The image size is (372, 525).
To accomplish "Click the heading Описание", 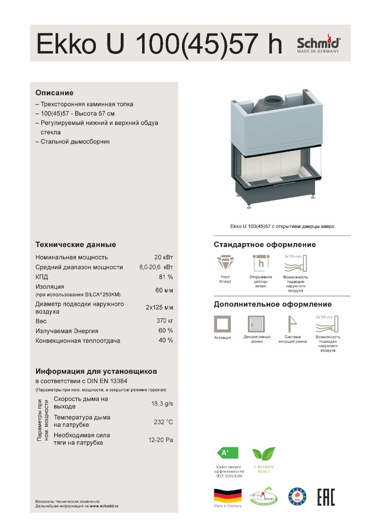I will (54, 92).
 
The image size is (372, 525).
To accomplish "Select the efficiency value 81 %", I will (166, 277).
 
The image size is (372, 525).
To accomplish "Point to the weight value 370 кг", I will (165, 321).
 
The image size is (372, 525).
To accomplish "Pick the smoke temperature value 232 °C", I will (163, 422).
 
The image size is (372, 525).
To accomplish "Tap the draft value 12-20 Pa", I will (161, 440).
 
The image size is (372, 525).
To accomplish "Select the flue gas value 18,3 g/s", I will (162, 403).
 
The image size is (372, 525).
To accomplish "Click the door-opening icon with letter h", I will (261, 263).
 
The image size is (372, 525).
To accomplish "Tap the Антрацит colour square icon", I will (223, 324).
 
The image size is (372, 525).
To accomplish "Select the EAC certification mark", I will (326, 496).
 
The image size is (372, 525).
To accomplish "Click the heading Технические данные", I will (75, 245).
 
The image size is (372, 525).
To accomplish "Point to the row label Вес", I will (41, 321).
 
